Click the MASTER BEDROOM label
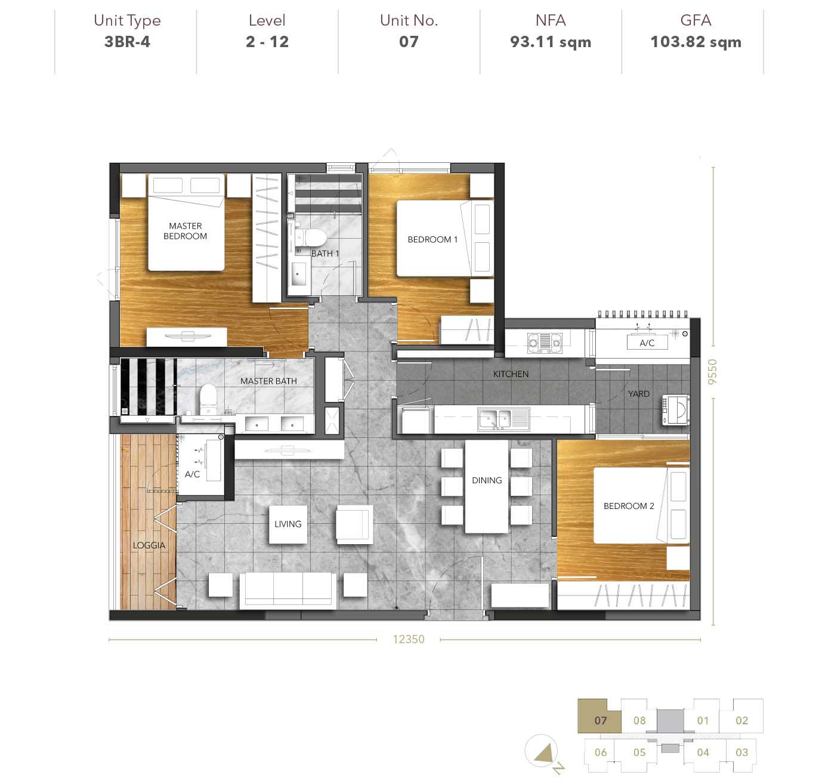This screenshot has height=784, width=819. (185, 231)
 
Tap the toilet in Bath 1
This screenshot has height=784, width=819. (311, 238)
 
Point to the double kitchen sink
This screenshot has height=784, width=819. (503, 419)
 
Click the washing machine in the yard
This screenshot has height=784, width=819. (675, 409)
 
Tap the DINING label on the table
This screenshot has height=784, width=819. (487, 480)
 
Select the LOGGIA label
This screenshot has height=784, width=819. (149, 545)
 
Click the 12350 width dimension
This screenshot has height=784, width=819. (408, 639)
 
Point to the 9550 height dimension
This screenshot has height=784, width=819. (712, 372)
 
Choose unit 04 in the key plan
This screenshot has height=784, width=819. (703, 752)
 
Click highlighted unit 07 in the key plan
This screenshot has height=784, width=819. (600, 720)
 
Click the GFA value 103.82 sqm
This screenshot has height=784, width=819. (696, 42)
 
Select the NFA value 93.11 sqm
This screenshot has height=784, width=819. (551, 42)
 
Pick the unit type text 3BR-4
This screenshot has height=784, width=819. (127, 42)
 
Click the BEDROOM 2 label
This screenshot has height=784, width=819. (629, 506)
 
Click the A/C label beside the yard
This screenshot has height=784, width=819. (647, 342)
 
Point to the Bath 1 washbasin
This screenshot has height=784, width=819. (298, 274)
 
